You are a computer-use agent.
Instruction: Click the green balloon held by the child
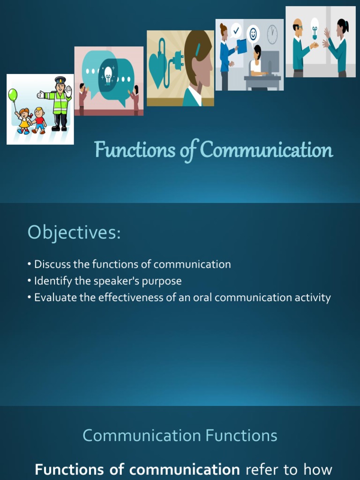13,95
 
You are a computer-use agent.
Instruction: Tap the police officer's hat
60,80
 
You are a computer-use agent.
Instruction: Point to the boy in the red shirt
39,120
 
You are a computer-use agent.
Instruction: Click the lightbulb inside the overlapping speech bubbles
108,74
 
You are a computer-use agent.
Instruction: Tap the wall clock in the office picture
272,34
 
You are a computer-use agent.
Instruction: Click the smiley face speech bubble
253,34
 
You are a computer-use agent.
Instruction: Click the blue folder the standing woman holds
242,46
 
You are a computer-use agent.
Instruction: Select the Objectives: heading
74,232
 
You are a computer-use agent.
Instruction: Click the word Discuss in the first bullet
51,264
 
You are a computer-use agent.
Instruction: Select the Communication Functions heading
180,435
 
